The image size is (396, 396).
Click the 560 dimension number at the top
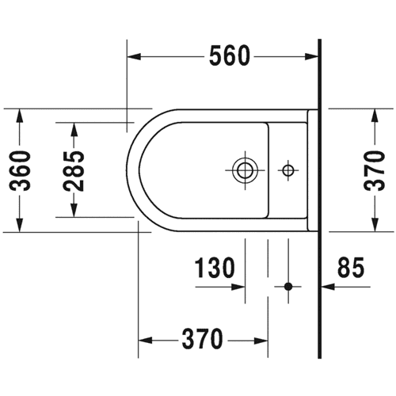point(229,56)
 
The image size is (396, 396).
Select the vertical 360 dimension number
point(20,171)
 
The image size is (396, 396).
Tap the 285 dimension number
point(74,171)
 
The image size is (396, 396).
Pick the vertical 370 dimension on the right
point(375,171)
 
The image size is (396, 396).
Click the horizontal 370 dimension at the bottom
point(203,339)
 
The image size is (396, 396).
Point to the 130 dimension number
point(215,268)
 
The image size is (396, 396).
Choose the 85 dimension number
point(351,268)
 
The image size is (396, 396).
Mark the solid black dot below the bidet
point(288,287)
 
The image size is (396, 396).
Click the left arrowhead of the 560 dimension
point(134,56)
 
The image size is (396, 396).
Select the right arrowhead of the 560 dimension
point(311,56)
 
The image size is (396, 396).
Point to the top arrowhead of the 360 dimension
point(20,116)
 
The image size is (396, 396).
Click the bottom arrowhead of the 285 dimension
point(74,211)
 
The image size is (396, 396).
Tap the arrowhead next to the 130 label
point(238,287)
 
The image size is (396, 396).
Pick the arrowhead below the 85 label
point(328,287)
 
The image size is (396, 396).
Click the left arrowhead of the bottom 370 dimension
point(146,341)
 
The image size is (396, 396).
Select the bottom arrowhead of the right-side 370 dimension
point(375,225)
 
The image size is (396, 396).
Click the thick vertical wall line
point(320,199)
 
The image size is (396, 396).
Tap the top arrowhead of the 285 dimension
point(74,130)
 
